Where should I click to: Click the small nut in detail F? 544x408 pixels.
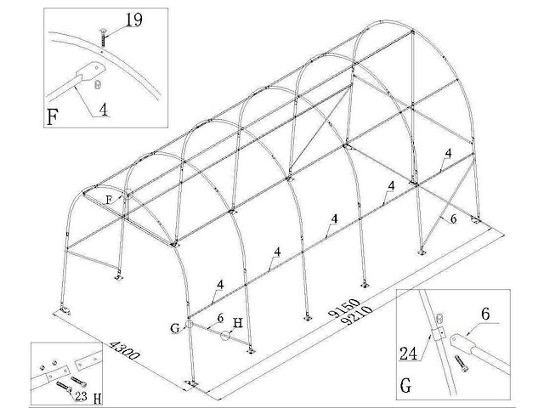[x=98, y=83]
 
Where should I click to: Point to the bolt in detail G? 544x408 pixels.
[x=462, y=363]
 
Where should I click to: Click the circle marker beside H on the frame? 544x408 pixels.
[x=224, y=336]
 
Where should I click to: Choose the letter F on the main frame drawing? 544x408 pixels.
[x=108, y=199]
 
